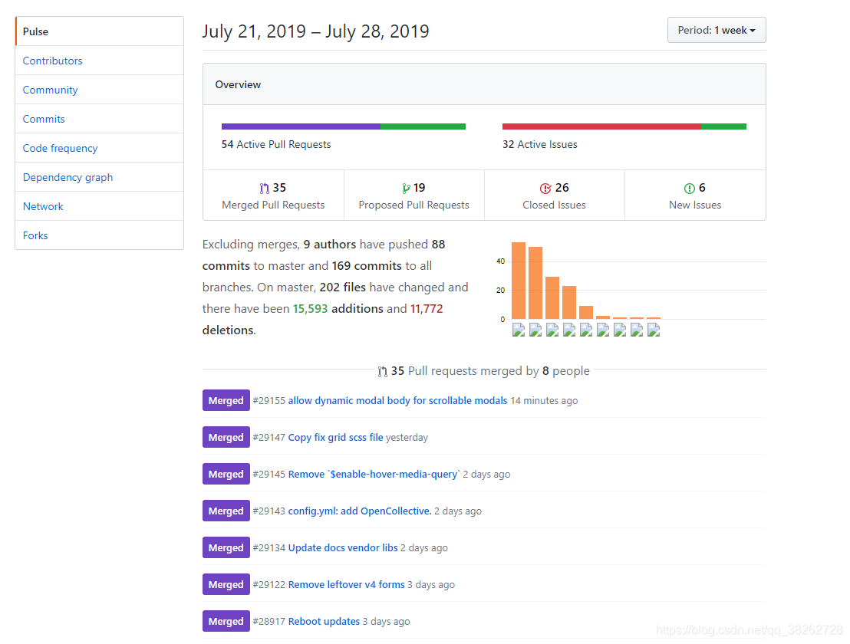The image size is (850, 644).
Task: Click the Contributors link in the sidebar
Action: click(52, 61)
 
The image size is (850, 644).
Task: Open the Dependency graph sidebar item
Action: click(68, 177)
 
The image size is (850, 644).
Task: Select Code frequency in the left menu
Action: click(60, 148)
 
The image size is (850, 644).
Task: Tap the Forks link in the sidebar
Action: click(35, 235)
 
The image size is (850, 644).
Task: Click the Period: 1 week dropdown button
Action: click(716, 31)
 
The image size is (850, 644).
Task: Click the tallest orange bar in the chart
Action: click(519, 281)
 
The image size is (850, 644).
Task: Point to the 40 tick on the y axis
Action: click(500, 261)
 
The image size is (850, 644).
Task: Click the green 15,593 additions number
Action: click(310, 309)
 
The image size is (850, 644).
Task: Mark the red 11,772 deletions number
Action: click(427, 309)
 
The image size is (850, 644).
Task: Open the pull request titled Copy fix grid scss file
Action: click(335, 438)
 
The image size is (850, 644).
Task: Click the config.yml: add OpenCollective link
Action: click(359, 511)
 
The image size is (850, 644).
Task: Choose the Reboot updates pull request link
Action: click(324, 622)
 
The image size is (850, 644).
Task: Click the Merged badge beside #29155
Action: click(226, 401)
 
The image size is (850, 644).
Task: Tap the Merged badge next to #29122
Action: click(226, 585)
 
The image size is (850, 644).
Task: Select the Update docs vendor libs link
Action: click(343, 548)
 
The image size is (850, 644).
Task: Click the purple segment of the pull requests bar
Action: click(301, 127)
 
